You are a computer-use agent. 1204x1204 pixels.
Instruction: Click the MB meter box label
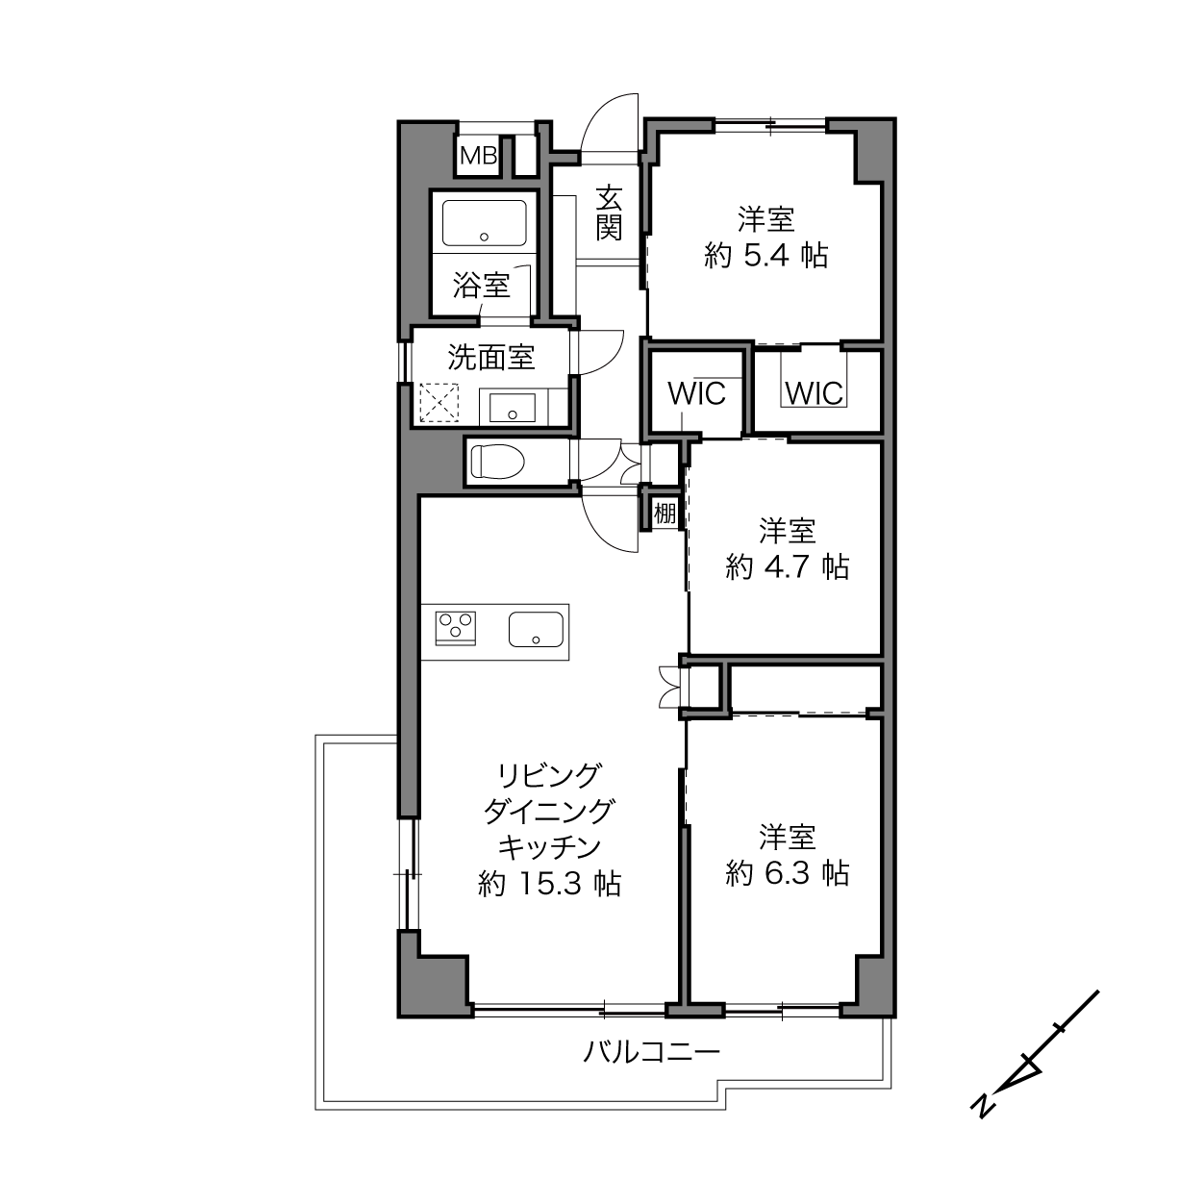click(x=479, y=155)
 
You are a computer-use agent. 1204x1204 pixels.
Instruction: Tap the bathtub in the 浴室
click(x=485, y=223)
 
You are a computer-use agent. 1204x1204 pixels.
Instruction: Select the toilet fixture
click(x=497, y=461)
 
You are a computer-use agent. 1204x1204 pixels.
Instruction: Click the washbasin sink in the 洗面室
click(x=513, y=408)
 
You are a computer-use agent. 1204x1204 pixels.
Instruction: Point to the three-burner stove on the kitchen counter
click(x=456, y=628)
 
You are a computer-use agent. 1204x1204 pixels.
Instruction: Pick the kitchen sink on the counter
click(x=536, y=629)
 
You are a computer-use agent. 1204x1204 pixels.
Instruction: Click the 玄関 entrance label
click(x=609, y=213)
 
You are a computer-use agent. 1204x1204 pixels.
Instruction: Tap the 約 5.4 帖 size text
click(x=766, y=255)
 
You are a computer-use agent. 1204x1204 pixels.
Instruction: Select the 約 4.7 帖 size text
click(x=788, y=566)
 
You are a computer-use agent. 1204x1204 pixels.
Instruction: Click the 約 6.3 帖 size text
click(x=788, y=873)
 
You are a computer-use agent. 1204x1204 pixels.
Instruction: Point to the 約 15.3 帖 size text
click(x=550, y=884)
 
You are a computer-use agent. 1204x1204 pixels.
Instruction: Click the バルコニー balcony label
click(x=652, y=1051)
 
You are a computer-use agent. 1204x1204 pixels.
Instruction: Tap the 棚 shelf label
click(x=665, y=514)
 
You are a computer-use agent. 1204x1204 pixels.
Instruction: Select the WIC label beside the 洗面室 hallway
click(x=696, y=393)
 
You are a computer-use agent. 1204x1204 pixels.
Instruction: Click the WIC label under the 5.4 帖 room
click(x=815, y=393)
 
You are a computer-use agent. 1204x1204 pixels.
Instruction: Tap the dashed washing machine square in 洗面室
click(x=439, y=402)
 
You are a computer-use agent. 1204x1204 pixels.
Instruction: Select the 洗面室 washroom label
click(x=491, y=358)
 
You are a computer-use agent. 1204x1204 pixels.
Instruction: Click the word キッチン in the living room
click(x=550, y=847)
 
